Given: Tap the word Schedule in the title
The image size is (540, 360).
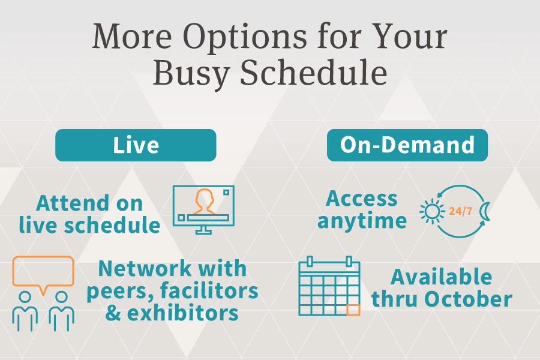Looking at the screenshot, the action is point(313,73).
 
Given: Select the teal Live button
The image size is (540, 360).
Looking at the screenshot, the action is point(136,145).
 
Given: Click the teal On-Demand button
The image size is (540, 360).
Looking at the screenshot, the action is point(407,145).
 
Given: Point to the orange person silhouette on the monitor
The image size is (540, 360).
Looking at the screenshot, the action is point(204,201).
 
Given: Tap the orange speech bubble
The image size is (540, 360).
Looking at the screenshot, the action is point(43,274).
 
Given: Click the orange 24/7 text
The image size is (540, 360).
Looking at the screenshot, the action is point(460,211).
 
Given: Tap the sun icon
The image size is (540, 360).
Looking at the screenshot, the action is point(431,211).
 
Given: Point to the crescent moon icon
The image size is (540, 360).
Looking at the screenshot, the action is point(485,211).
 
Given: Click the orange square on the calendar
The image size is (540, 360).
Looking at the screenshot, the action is point(353,310).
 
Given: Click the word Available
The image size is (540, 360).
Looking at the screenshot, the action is point(442,277).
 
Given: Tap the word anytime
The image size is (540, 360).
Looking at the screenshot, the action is point(362,221).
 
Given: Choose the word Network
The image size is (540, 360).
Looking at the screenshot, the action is point(145,268).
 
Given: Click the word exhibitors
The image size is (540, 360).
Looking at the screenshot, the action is point(183,313).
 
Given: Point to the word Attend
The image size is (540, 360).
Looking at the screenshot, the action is point(73,203).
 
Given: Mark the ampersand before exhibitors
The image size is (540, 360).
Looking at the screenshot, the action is point(113,313).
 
